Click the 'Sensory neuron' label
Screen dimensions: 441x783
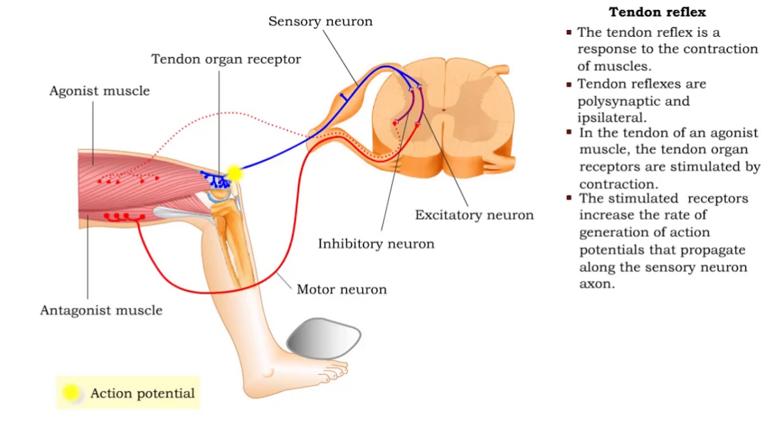click(x=320, y=21)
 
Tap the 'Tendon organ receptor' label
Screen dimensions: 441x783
click(x=226, y=59)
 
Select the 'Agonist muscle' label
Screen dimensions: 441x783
click(x=100, y=91)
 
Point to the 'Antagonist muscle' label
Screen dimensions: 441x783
click(x=101, y=311)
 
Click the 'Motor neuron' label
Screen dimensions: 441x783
click(x=341, y=290)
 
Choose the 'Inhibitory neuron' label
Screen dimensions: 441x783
click(x=376, y=244)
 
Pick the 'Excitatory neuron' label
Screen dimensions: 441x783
click(x=474, y=215)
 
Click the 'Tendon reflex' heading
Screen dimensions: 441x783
click(x=657, y=12)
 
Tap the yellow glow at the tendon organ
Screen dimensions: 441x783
click(x=234, y=173)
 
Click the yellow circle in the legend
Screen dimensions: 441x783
click(x=72, y=393)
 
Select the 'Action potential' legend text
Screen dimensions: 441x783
click(x=142, y=394)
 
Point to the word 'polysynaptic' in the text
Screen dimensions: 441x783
click(x=633, y=101)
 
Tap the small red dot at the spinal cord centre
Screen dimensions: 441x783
click(x=444, y=111)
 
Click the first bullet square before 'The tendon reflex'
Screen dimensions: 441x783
click(x=569, y=32)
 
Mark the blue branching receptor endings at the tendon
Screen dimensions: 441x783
click(x=214, y=179)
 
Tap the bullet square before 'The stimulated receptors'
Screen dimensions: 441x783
click(x=569, y=198)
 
